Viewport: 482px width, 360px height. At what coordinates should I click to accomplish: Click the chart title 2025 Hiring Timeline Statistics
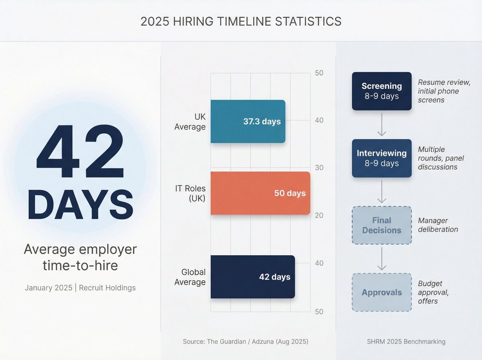tap(241, 21)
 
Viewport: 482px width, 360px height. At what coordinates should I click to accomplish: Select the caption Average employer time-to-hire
tap(80, 257)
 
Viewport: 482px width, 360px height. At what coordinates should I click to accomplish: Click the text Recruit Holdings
tap(107, 288)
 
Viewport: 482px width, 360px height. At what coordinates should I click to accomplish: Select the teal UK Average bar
tap(248, 121)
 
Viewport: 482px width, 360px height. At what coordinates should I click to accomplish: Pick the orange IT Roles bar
tap(260, 193)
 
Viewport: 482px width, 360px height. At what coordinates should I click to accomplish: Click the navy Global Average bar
tap(253, 277)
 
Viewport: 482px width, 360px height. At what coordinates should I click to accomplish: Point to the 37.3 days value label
tap(262, 121)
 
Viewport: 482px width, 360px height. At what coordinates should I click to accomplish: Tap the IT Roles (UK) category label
tap(190, 193)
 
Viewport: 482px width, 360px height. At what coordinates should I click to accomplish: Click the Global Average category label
tap(190, 277)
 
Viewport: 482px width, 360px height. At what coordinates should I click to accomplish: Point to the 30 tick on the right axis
tap(319, 168)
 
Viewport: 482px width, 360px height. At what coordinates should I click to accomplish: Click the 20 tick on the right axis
tap(319, 215)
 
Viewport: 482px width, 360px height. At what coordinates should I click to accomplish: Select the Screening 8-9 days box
tap(382, 91)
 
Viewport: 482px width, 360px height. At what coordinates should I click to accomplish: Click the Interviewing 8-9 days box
tap(382, 158)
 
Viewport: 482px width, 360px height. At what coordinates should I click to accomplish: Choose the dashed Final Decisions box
tap(382, 225)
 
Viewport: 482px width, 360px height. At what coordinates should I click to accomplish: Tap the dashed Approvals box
tap(382, 292)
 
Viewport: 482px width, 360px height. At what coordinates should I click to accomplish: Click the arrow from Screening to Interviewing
tap(382, 125)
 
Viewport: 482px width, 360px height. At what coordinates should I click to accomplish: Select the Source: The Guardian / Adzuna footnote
tap(245, 342)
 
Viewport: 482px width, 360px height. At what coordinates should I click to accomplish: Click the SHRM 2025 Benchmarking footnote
tap(406, 342)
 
